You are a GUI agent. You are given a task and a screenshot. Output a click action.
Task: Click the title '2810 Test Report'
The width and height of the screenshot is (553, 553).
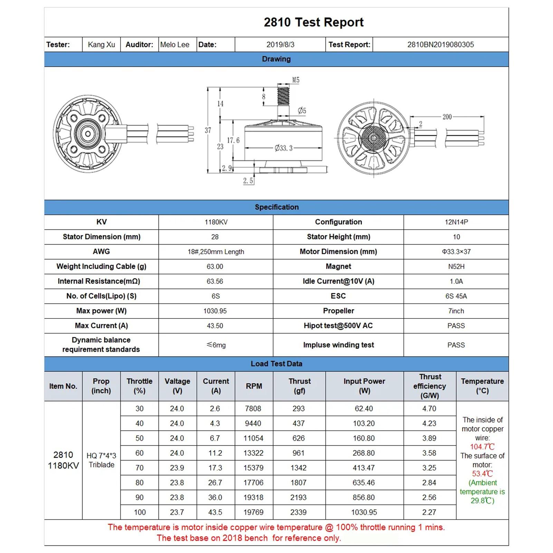pyautogui.click(x=313, y=22)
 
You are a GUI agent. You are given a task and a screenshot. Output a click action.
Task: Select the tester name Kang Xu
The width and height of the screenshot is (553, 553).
pyautogui.click(x=101, y=45)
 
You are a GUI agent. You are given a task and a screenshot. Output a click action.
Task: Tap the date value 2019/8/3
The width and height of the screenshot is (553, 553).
pyautogui.click(x=280, y=45)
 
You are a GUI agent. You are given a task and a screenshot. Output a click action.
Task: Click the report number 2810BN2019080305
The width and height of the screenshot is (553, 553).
pyautogui.click(x=440, y=45)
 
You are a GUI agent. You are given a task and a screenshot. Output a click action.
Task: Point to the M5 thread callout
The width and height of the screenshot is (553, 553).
pyautogui.click(x=296, y=80)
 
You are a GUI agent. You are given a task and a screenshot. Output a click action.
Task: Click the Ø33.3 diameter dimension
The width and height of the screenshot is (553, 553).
pyautogui.click(x=284, y=148)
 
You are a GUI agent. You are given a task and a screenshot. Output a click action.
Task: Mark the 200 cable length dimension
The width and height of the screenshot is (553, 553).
pyautogui.click(x=447, y=117)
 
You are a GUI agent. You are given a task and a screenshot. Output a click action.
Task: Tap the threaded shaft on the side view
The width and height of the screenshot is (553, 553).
pyautogui.click(x=283, y=96)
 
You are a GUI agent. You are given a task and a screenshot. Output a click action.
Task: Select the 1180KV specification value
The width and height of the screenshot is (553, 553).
pyautogui.click(x=216, y=222)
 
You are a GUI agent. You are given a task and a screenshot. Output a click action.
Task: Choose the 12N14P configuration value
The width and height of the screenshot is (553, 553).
pyautogui.click(x=456, y=222)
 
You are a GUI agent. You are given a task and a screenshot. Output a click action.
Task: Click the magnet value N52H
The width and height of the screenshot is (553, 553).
pyautogui.click(x=456, y=267)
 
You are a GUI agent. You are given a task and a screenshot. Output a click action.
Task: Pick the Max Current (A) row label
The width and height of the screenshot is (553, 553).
pyautogui.click(x=101, y=326)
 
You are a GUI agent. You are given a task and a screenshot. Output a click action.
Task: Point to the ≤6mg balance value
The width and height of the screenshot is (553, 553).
pyautogui.click(x=216, y=345)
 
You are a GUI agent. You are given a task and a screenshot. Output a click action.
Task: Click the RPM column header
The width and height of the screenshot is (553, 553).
pyautogui.click(x=254, y=386)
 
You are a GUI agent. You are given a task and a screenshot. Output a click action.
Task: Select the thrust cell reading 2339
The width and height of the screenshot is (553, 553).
pyautogui.click(x=298, y=512)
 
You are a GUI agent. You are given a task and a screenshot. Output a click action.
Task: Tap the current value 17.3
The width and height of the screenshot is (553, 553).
pyautogui.click(x=215, y=468)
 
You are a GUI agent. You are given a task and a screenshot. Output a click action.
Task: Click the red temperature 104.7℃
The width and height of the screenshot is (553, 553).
pyautogui.click(x=482, y=447)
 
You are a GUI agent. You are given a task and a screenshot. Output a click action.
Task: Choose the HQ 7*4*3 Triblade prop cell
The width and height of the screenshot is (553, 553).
pyautogui.click(x=101, y=460)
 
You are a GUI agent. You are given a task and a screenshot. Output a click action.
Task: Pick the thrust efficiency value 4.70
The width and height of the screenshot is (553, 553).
pyautogui.click(x=429, y=409)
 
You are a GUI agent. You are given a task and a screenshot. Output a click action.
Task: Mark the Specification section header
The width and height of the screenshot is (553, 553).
pyautogui.click(x=276, y=207)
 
